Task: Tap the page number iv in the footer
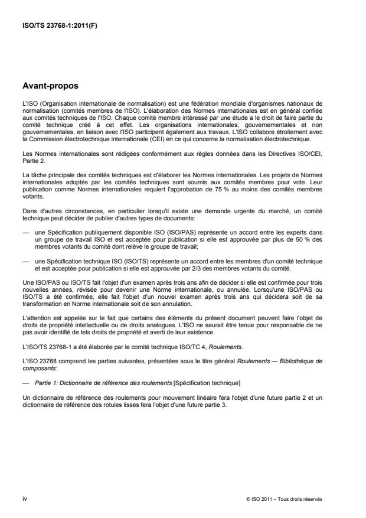tap(24, 499)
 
